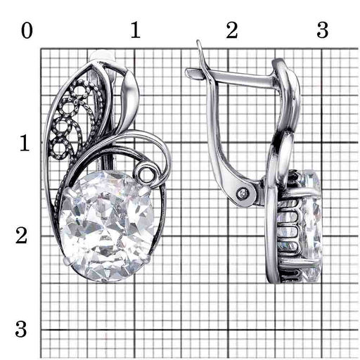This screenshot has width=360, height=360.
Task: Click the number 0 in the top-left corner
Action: tap(27, 31)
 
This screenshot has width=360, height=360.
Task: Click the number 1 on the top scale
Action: tap(136, 31)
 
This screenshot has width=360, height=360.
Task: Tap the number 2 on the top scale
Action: tap(232, 31)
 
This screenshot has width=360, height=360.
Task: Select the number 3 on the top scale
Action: tap(323, 31)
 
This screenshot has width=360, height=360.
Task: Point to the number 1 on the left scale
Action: tap(25, 143)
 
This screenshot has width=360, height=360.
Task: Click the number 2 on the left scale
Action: tap(22, 236)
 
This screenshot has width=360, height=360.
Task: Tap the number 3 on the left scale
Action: tap(21, 329)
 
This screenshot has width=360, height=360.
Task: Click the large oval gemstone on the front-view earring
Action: tap(107, 226)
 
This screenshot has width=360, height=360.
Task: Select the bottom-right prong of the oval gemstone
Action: tap(146, 258)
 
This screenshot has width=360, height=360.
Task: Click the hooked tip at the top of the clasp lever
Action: tap(199, 44)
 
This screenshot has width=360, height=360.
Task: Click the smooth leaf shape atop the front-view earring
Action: tap(130, 98)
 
